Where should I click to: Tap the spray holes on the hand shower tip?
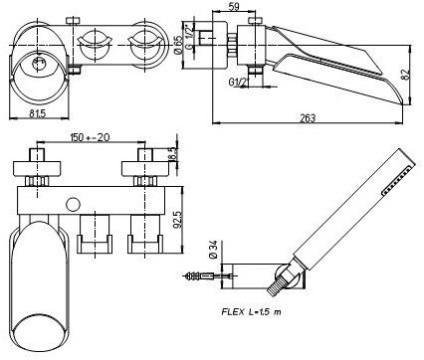click(400, 173)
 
